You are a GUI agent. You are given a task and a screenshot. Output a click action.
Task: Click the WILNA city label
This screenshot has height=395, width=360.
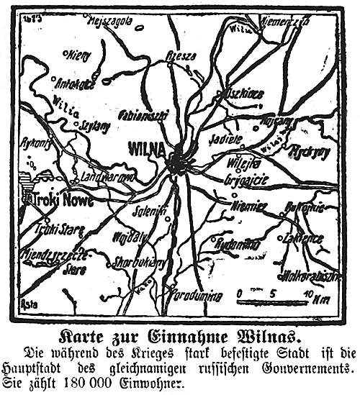tap(145, 149)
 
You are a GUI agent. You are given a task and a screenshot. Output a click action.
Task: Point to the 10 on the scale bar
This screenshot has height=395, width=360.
tap(307, 294)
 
